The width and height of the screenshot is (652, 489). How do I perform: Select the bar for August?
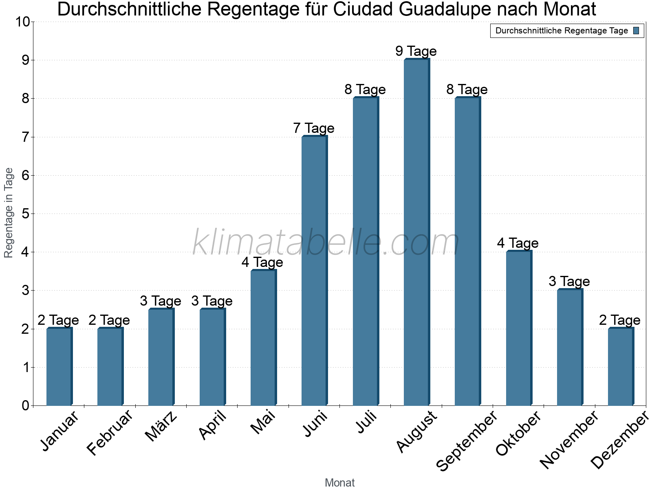pos(416,232)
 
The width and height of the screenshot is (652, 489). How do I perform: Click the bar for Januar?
pos(59,367)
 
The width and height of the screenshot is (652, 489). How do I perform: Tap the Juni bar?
pos(314,271)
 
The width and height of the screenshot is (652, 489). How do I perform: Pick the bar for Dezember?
pos(621,367)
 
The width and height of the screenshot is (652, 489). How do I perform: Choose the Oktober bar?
pos(519,328)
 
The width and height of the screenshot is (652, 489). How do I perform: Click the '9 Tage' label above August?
pos(416,51)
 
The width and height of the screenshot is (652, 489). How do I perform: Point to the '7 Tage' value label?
pos(314,128)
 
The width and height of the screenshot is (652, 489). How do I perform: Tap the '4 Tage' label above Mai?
pos(262,262)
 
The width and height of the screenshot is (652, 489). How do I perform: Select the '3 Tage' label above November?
pos(569,282)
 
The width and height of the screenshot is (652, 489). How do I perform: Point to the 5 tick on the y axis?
pos(26,214)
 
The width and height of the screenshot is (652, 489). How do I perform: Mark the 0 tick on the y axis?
pos(26,406)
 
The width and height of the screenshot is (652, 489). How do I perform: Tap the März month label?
pos(162,426)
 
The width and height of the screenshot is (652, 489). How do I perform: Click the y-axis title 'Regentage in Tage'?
pos(9,213)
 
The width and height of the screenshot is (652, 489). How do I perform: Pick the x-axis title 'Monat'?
pos(340,483)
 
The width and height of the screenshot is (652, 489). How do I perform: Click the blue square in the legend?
pos(637,31)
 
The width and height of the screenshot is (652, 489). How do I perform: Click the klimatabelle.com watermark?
pos(326,243)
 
